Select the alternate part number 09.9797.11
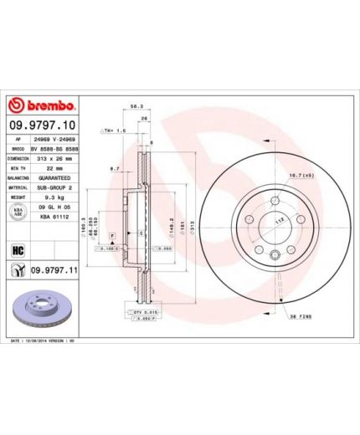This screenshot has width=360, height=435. click(54, 269)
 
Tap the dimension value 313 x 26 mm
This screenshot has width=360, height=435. click(54, 156)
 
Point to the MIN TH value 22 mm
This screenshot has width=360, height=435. click(43, 167)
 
